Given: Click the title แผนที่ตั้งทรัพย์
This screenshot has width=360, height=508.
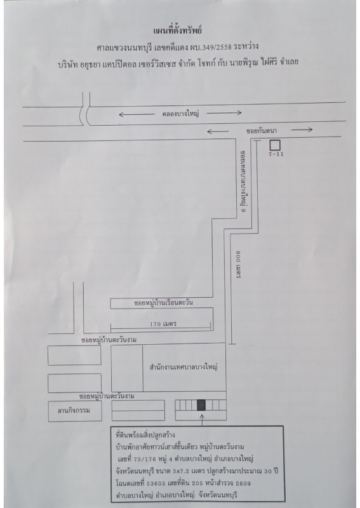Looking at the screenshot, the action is [178, 30].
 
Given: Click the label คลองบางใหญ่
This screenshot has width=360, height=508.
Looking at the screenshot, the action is [180, 114].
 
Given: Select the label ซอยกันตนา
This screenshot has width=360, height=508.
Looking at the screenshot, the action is [261, 131].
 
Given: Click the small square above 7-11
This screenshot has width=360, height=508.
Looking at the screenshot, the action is [275, 145].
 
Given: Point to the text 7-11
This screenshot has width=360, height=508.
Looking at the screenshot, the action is [276, 154].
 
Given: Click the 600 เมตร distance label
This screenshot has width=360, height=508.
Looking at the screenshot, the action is [238, 265].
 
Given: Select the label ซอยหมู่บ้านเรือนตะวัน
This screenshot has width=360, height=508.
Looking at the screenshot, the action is [163, 303].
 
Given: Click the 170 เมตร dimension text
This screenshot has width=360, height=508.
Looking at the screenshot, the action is [163, 324].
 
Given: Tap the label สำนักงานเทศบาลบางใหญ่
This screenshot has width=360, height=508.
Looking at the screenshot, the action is [183, 367].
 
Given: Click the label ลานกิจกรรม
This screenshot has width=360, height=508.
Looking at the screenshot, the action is [74, 410].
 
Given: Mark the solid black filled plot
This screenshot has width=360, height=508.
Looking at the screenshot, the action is [201, 405].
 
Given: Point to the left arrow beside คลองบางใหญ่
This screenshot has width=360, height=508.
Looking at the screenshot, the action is [137, 114].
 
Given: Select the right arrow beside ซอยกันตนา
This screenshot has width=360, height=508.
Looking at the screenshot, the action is [302, 130].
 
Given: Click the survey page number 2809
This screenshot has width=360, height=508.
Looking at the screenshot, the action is [243, 483].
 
